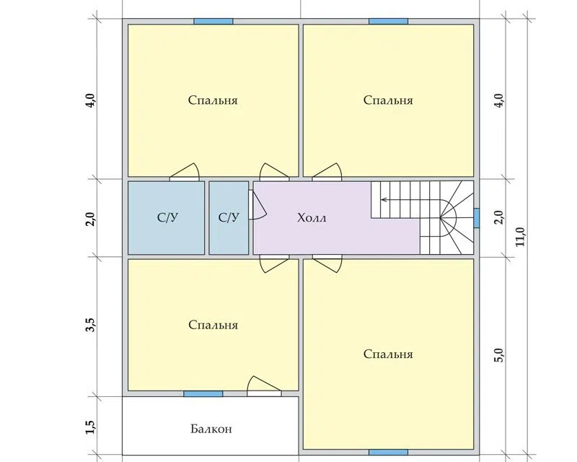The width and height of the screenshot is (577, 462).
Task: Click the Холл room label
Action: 312,218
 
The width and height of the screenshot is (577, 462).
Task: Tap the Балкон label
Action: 211,429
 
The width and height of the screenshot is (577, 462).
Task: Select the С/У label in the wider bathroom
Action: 167,217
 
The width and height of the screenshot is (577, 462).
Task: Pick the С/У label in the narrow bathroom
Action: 229,217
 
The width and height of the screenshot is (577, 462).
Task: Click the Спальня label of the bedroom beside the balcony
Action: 213,325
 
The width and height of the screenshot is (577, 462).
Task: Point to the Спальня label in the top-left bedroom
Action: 213,100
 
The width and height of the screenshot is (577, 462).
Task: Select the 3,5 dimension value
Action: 91,326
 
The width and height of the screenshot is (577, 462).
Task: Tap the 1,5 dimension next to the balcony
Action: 91,427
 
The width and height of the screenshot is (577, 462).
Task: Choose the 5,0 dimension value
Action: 499,354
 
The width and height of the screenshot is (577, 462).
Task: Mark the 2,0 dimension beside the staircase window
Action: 499,217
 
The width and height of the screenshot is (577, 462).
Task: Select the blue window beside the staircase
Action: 477,218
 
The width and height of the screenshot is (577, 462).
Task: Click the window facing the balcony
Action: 203,394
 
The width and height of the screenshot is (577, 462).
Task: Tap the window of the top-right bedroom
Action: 388,22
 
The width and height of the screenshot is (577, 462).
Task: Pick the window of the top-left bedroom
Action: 213,22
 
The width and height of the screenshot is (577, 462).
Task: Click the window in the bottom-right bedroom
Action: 388,452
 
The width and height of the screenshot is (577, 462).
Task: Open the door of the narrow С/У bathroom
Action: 257,205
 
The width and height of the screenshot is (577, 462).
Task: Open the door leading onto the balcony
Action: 264,386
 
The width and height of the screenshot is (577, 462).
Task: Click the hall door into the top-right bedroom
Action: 327,172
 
